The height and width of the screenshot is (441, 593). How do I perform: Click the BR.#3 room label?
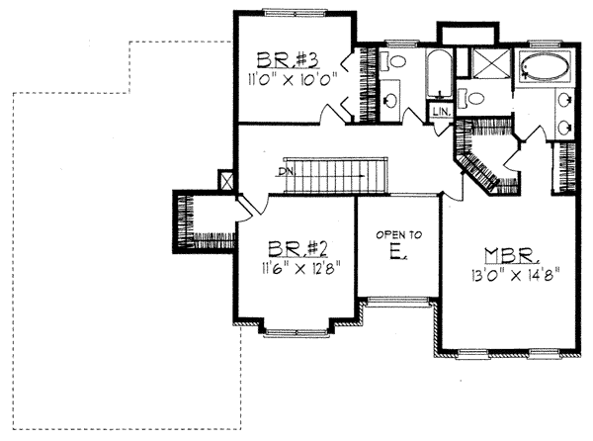click(x=289, y=60)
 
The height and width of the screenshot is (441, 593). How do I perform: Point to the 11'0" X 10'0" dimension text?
click(x=292, y=80)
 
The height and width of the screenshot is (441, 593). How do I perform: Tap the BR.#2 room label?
click(x=298, y=249)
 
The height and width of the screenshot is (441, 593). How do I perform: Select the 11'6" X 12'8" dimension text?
click(x=299, y=269)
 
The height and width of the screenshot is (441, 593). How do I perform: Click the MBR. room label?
click(x=511, y=256)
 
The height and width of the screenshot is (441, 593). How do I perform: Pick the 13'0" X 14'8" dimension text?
click(x=515, y=276)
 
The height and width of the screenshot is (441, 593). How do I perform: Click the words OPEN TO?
click(x=399, y=235)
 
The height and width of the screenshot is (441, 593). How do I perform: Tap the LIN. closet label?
click(x=442, y=112)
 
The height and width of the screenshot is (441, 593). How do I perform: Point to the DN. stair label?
click(x=286, y=171)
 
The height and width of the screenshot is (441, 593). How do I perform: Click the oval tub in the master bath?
click(x=546, y=67)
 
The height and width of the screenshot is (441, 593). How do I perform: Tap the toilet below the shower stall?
click(x=471, y=98)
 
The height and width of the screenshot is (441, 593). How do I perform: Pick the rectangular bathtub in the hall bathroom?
click(x=439, y=74)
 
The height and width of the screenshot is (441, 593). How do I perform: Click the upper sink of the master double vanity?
click(x=565, y=100)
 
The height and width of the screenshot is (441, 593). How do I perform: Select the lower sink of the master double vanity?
click(x=565, y=128)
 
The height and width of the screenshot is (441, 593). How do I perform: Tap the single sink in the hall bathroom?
click(x=390, y=100)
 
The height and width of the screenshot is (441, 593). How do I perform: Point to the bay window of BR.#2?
click(x=296, y=332)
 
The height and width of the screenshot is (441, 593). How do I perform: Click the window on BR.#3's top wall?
click(x=295, y=13)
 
